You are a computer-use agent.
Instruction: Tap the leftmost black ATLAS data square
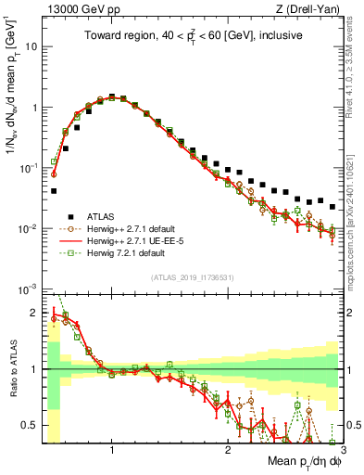pyautogui.click(x=54, y=191)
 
